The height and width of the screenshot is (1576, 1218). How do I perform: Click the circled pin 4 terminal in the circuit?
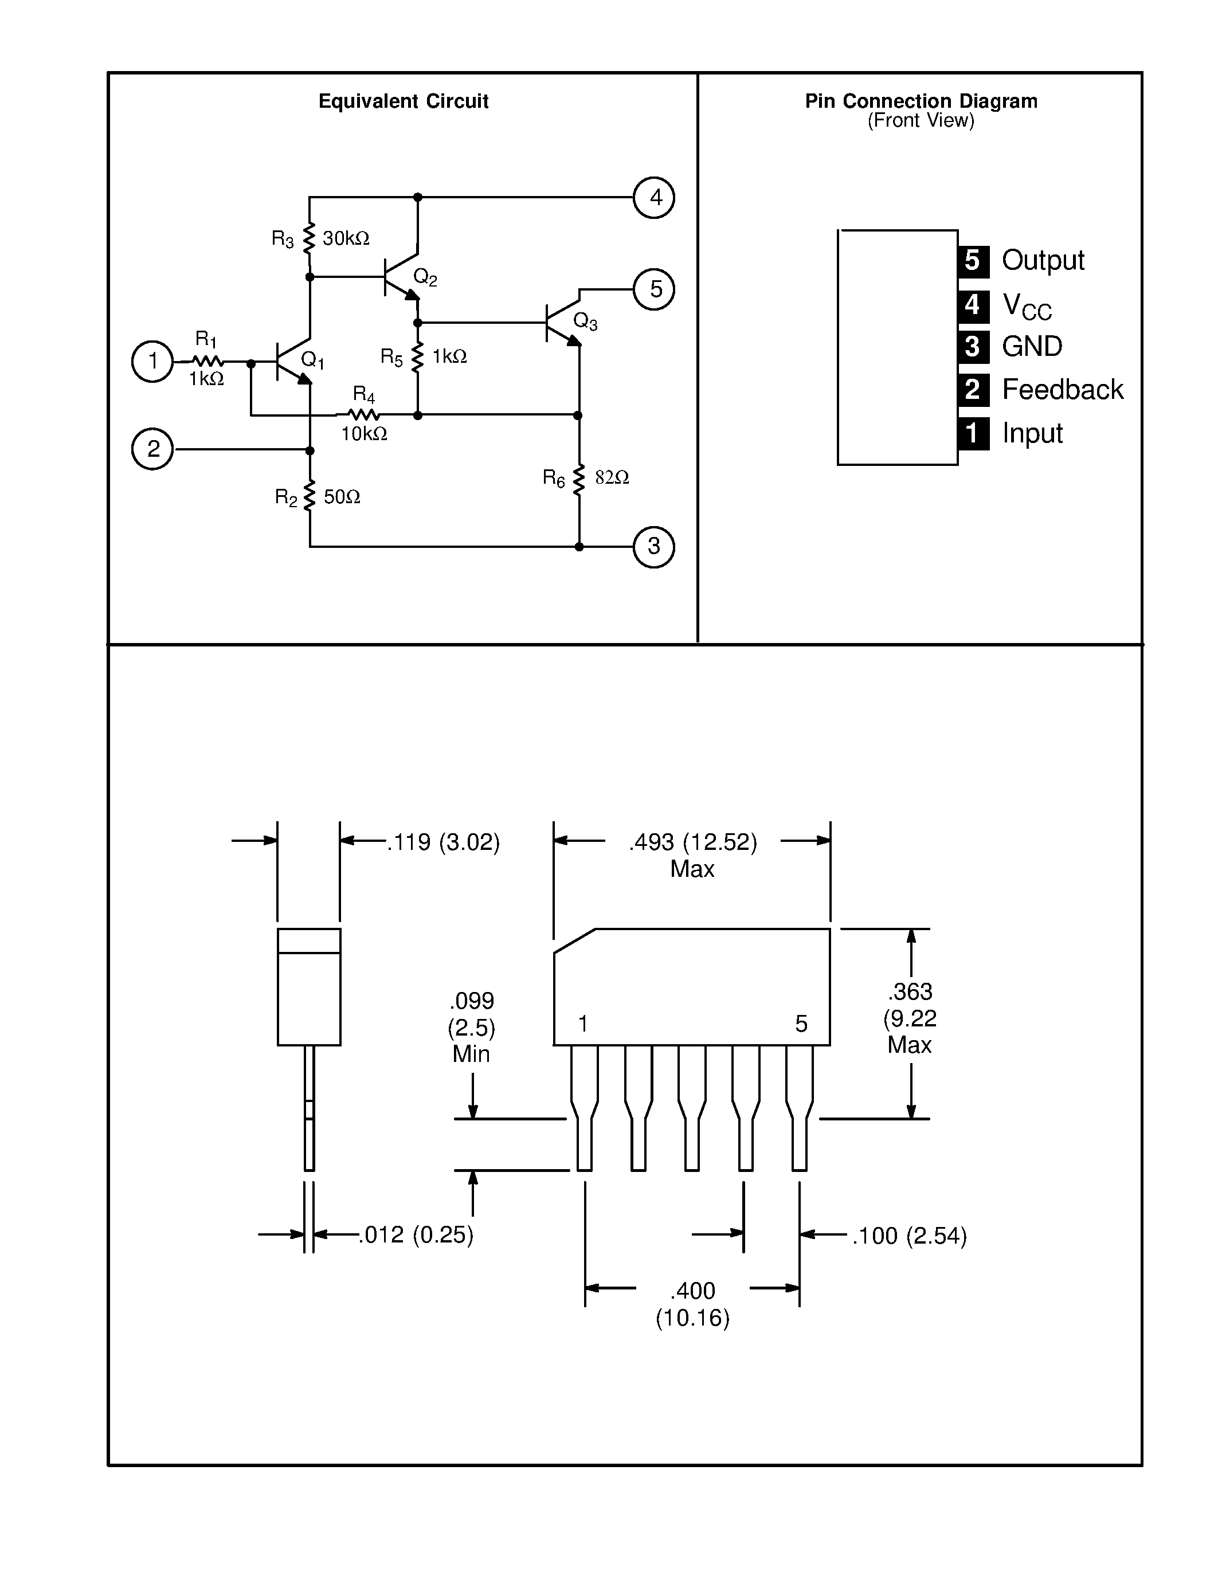(x=654, y=198)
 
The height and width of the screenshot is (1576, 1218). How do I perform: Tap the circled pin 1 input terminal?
(x=152, y=361)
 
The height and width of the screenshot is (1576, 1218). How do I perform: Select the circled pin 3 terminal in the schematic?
(x=654, y=547)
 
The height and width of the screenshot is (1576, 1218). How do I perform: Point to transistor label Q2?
(x=425, y=276)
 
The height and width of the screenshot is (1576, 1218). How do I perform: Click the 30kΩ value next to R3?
(x=346, y=238)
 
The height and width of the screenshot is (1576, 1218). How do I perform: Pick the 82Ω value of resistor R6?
(x=612, y=477)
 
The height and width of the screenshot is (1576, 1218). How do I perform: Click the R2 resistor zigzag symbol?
(x=310, y=496)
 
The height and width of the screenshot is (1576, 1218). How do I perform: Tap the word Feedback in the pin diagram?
(x=1062, y=390)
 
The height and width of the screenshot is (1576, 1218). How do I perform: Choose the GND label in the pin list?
(x=1032, y=346)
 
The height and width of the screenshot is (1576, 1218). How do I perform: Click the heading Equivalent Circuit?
(x=404, y=101)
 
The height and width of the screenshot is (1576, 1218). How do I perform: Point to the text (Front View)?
(x=921, y=120)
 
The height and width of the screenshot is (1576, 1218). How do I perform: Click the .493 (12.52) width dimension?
(x=693, y=842)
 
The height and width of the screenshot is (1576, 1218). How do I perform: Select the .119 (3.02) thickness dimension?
(x=443, y=842)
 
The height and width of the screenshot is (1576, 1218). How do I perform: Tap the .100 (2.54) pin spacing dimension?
(x=909, y=1236)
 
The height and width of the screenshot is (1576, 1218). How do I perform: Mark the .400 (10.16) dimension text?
(x=693, y=1303)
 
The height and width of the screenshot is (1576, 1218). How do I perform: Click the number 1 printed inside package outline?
(x=583, y=1023)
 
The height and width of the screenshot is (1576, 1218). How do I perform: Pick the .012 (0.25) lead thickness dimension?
(x=416, y=1234)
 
